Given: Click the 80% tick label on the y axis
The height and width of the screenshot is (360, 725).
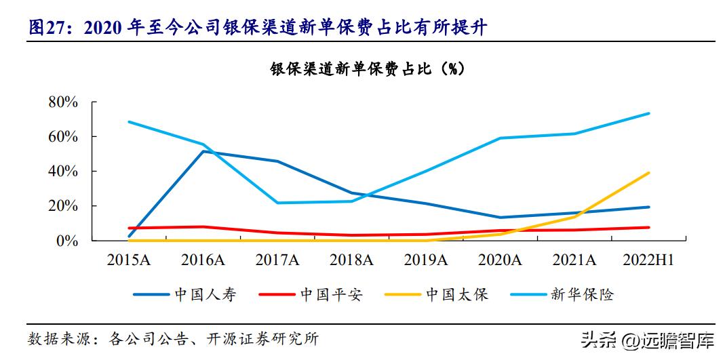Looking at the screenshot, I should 63,102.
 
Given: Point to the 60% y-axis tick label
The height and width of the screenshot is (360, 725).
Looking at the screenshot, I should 63,137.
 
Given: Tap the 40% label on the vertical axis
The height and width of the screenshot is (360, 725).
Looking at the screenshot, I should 63,172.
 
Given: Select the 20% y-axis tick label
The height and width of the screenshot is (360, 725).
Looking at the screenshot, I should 63,206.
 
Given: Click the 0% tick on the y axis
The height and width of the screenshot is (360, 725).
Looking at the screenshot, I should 68,241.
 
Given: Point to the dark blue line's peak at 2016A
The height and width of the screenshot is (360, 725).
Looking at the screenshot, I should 204,151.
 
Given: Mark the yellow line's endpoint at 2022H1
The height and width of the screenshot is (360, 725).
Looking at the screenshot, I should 648,173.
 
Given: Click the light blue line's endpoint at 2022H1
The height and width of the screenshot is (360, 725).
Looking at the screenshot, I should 648,113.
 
